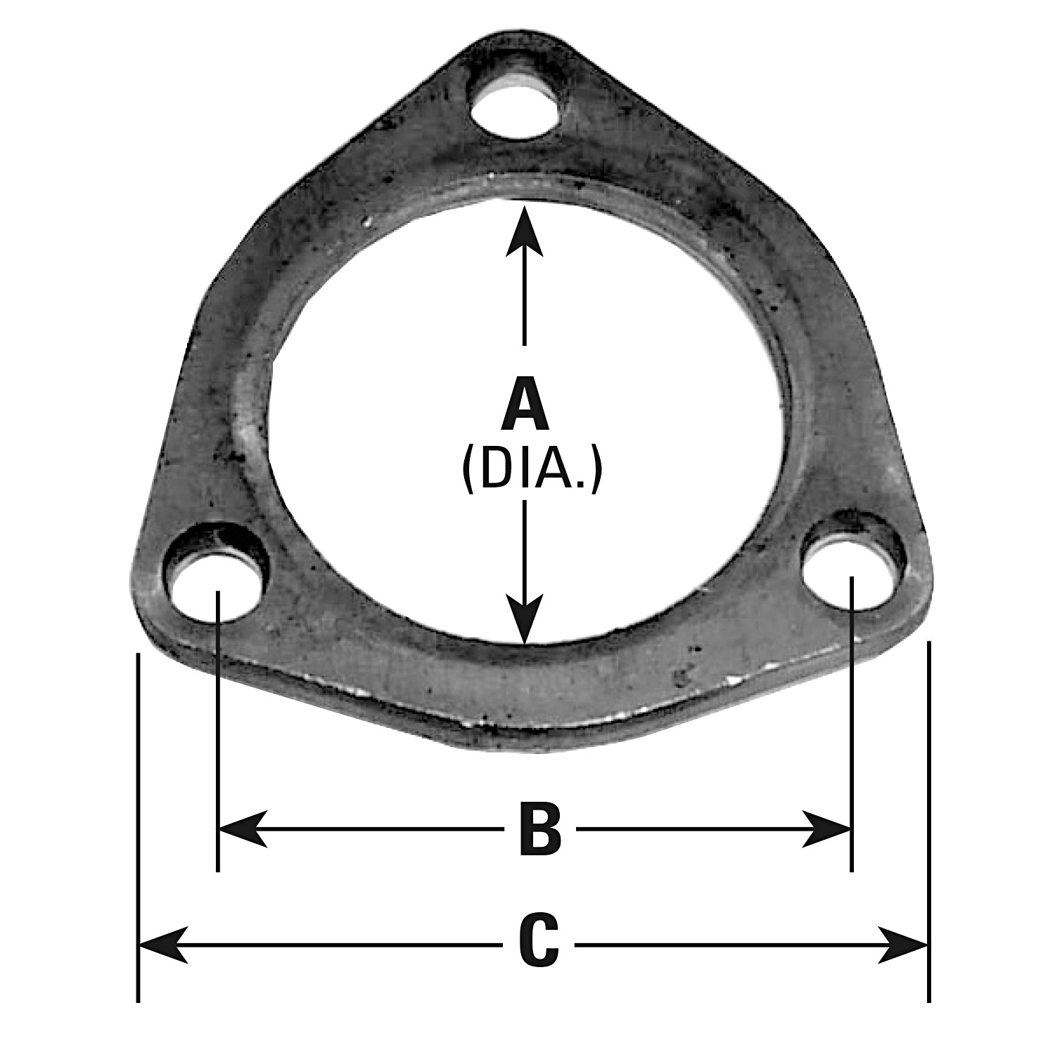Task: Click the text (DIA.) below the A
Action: click(532, 471)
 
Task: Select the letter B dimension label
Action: click(539, 831)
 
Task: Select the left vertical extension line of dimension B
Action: click(219, 731)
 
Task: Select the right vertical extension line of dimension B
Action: click(852, 724)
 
